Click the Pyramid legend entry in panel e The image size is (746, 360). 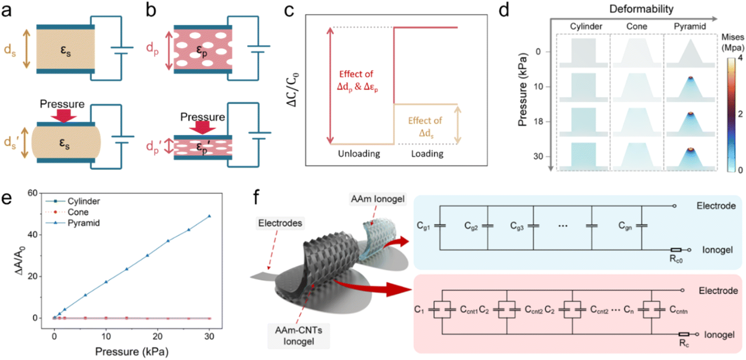tap(72, 223)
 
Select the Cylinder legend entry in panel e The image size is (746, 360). tap(72, 201)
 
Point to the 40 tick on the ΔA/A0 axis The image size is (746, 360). tap(33, 235)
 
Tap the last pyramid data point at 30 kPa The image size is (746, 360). tap(209, 216)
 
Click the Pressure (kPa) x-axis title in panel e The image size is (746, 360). tap(132, 351)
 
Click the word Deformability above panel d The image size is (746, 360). tap(641, 9)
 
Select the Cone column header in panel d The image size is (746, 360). tap(636, 26)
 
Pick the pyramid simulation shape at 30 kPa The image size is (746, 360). tap(690, 157)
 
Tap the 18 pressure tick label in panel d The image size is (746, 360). tap(538, 121)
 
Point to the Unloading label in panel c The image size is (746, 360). tap(359, 154)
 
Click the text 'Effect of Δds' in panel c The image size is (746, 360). tap(425, 127)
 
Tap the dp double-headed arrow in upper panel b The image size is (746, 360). tap(169, 51)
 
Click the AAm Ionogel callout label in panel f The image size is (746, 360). tap(378, 199)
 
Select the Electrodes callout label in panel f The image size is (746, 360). tap(280, 223)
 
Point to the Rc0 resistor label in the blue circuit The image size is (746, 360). tap(676, 259)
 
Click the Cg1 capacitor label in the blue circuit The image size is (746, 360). tap(423, 226)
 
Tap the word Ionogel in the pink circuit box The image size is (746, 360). tap(719, 334)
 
